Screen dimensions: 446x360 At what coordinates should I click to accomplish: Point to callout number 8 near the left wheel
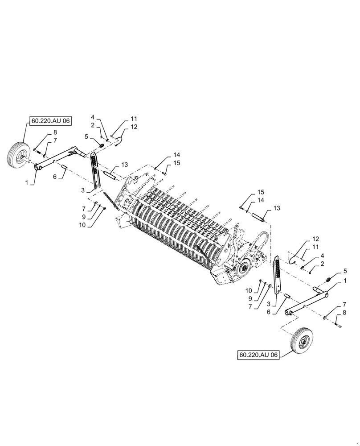pyautogui.click(x=55, y=132)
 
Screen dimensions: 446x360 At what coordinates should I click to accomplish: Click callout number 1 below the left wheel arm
pyautogui.click(x=26, y=183)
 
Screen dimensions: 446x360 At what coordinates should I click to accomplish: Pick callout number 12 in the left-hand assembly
pyautogui.click(x=134, y=127)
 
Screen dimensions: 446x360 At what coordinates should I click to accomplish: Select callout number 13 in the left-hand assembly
pyautogui.click(x=124, y=164)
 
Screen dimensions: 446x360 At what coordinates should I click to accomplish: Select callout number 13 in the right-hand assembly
pyautogui.click(x=277, y=208)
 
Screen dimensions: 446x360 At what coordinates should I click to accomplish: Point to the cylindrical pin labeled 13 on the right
pyautogui.click(x=260, y=216)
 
